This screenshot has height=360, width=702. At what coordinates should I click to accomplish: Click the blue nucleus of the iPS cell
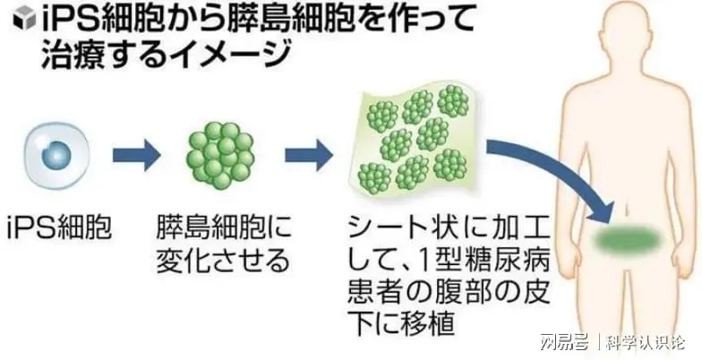coord(57,156)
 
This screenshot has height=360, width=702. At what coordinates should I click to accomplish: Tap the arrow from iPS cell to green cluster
coord(136,156)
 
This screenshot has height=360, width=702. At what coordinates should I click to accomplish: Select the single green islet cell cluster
coord(220,156)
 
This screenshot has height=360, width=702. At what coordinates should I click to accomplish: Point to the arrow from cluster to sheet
coord(309,156)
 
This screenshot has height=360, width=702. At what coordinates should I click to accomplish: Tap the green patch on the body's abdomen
coord(629,239)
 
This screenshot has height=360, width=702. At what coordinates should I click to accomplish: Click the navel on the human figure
coord(629,209)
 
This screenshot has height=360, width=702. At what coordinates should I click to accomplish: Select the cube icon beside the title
coord(23,21)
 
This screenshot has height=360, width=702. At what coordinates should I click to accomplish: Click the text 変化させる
coord(222,261)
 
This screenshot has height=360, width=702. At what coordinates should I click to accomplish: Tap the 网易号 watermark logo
coord(564,343)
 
